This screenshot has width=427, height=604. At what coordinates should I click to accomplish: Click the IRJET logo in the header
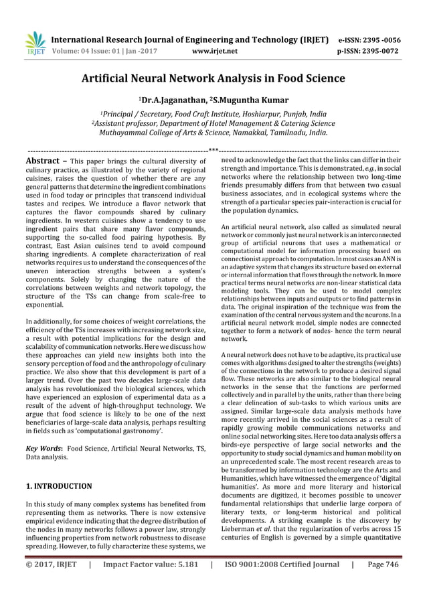point(33,43)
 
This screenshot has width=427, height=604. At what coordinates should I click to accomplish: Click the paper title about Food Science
point(213,79)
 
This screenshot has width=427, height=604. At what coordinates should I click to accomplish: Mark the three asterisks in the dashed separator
point(213,150)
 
